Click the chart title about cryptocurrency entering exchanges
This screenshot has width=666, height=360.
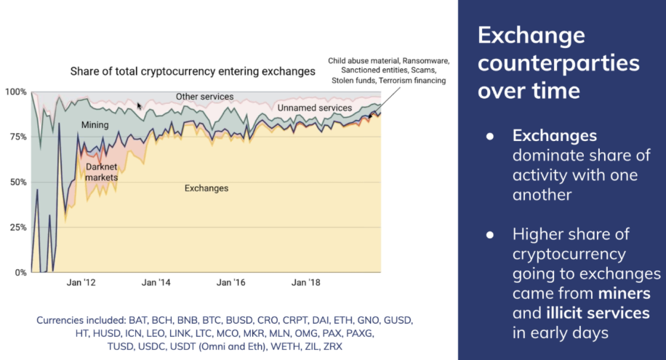(192, 71)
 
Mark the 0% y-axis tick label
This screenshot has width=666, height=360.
(18, 272)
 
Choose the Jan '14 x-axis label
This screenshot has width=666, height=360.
(156, 281)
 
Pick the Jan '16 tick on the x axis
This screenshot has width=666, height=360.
(231, 281)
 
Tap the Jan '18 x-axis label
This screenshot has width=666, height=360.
(306, 281)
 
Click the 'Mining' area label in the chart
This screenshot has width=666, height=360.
(95, 125)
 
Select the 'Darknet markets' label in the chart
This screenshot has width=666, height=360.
(101, 172)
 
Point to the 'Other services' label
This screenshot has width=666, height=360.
(205, 96)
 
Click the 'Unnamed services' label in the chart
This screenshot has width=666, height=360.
(314, 108)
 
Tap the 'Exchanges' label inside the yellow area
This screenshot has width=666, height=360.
(206, 188)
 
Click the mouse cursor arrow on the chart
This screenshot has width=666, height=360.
(140, 105)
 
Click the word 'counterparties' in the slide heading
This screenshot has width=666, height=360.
(558, 63)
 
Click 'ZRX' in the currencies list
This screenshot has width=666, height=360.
(331, 345)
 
